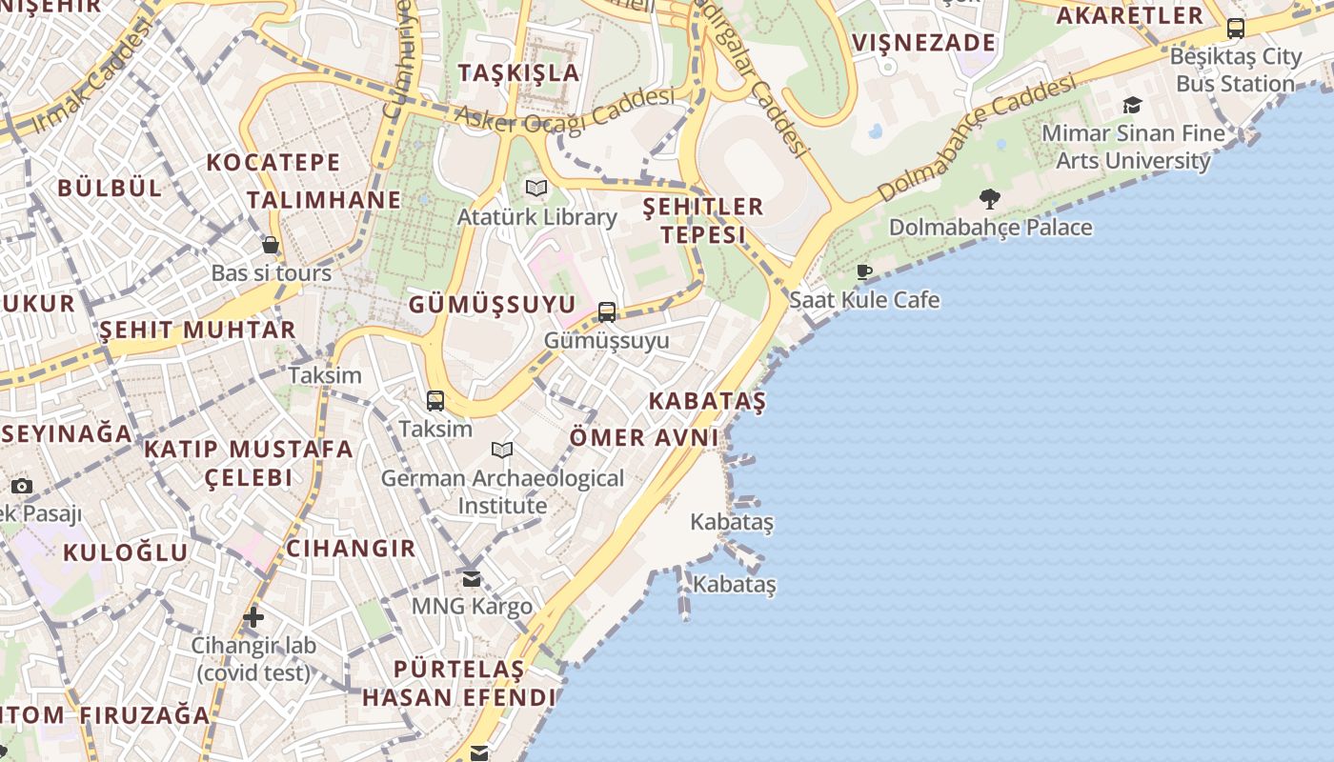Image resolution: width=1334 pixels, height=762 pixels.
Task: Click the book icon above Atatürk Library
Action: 536,189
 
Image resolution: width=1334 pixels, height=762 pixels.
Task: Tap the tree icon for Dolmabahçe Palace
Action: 990,199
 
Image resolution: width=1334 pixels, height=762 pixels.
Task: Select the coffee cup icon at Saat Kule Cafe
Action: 864,272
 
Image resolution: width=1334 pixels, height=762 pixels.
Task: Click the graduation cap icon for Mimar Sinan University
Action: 1132,105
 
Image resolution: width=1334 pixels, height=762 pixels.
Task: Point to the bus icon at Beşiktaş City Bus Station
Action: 1236,29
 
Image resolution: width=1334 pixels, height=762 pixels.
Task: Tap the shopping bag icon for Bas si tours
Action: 271,245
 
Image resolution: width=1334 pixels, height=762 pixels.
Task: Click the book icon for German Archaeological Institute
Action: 502,450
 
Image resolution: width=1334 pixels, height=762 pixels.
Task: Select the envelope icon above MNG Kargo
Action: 472,578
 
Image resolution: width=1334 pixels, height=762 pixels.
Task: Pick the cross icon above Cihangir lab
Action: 253,617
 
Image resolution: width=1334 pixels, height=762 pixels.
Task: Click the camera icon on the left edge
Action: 22,486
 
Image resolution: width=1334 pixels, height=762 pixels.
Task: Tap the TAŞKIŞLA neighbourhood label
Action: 518,72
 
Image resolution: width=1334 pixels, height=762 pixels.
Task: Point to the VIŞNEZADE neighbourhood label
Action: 923,43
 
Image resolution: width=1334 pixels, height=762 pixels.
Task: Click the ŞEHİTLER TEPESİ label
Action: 703,220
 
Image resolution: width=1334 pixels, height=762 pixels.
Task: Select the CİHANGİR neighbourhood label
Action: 351,549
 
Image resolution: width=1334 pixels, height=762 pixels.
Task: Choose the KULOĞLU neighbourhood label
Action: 126,552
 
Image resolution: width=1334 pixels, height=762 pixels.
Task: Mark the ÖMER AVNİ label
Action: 643,437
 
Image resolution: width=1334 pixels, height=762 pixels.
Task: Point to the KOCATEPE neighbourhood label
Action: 273,162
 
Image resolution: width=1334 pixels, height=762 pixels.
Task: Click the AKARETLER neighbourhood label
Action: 1130,16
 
